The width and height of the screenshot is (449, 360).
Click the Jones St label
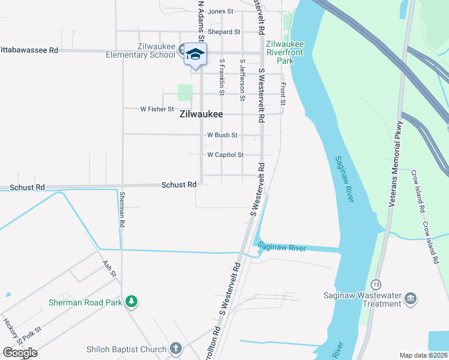220,11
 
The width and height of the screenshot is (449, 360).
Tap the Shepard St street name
224,32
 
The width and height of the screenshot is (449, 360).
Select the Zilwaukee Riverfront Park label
285,52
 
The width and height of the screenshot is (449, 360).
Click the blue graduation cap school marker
195,55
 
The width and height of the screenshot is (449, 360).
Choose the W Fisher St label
157,109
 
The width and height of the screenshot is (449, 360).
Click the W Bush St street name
222,136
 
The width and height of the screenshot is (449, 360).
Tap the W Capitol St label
225,155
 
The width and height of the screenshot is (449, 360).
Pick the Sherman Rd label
122,209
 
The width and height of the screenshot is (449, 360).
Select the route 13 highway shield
376,283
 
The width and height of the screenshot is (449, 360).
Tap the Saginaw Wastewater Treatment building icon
411,298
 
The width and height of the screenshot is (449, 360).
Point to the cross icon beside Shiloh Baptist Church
176,349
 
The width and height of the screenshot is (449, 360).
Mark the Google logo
20,352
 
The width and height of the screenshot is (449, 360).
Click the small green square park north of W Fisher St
185,92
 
